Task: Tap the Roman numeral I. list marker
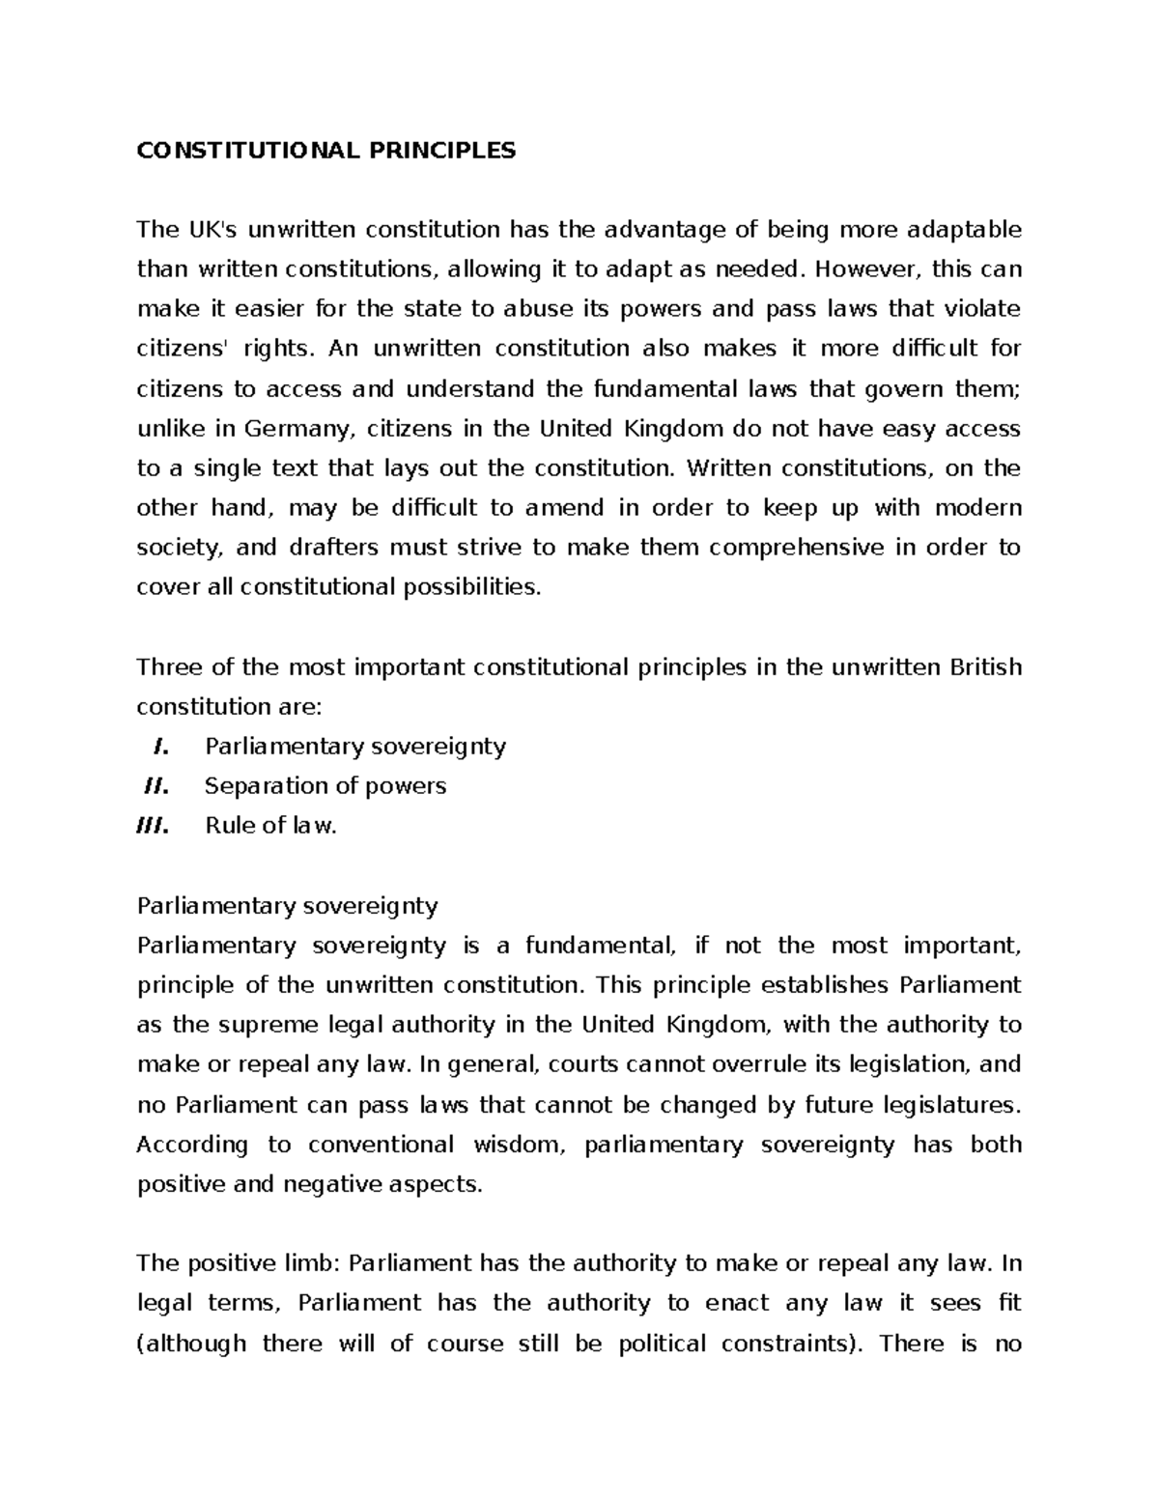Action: [x=161, y=747]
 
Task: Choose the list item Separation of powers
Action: [x=325, y=786]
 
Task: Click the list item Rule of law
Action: [x=270, y=826]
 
